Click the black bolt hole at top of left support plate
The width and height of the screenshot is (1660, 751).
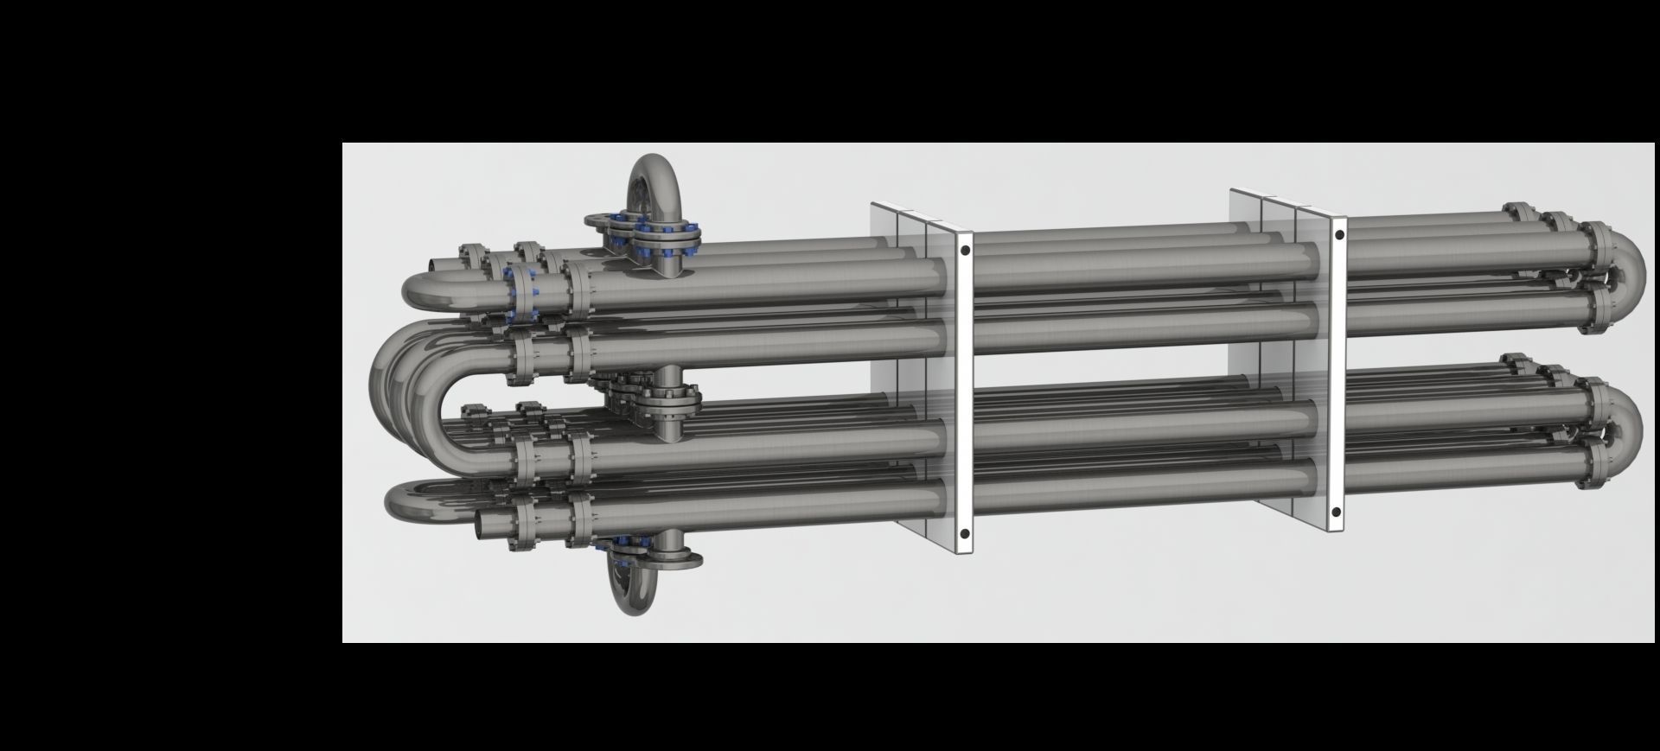click(x=964, y=251)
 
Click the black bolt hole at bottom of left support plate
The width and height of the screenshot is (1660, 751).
click(x=964, y=535)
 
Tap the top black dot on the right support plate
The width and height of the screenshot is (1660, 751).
click(x=1338, y=234)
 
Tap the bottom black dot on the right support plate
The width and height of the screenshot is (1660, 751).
click(x=1337, y=512)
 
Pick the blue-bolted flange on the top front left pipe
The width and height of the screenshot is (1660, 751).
click(x=523, y=292)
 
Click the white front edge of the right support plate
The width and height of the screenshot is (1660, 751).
click(x=1338, y=372)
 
